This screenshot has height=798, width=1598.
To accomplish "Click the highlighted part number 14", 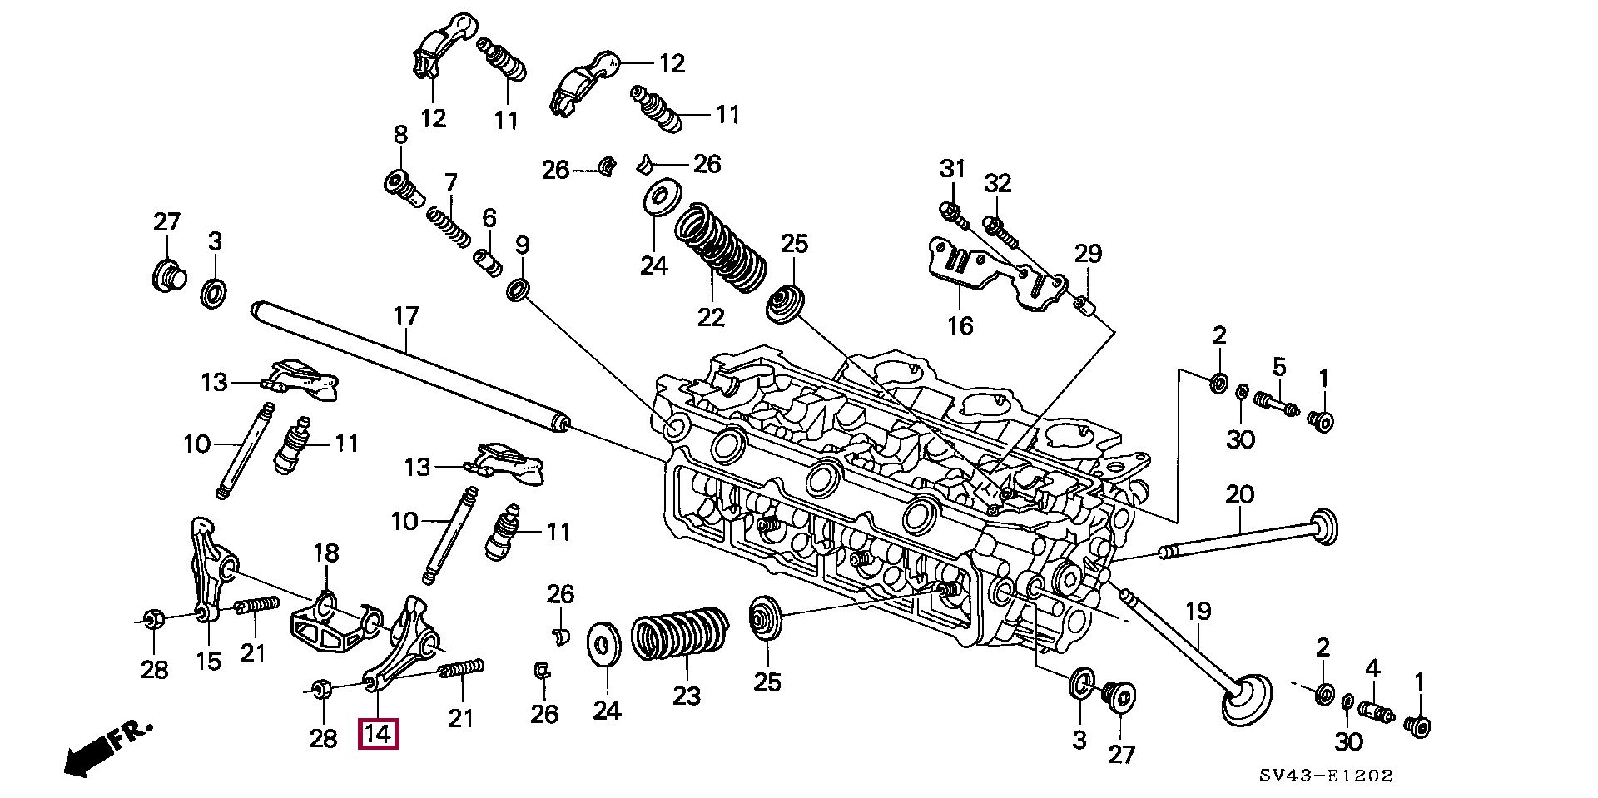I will coord(378,736).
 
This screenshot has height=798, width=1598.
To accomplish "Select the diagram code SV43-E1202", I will coord(1325,776).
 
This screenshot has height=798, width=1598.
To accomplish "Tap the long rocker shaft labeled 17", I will coord(408,365).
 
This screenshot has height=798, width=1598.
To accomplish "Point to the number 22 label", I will coord(711,317).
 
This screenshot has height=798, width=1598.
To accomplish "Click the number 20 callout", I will coord(1239,495).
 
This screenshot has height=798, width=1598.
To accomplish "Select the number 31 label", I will coord(952,169).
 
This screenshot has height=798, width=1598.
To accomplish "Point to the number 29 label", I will coord(1087,254).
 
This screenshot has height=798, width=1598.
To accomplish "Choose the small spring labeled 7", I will coord(447,225).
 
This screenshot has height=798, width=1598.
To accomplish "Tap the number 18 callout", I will coord(325,553).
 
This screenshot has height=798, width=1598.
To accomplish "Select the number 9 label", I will coord(522,245).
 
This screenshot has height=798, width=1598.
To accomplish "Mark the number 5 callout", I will coord(1279,367).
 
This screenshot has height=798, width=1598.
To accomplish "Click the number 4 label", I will coord(1372,668).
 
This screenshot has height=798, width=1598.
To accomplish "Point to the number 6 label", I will coord(489,219).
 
